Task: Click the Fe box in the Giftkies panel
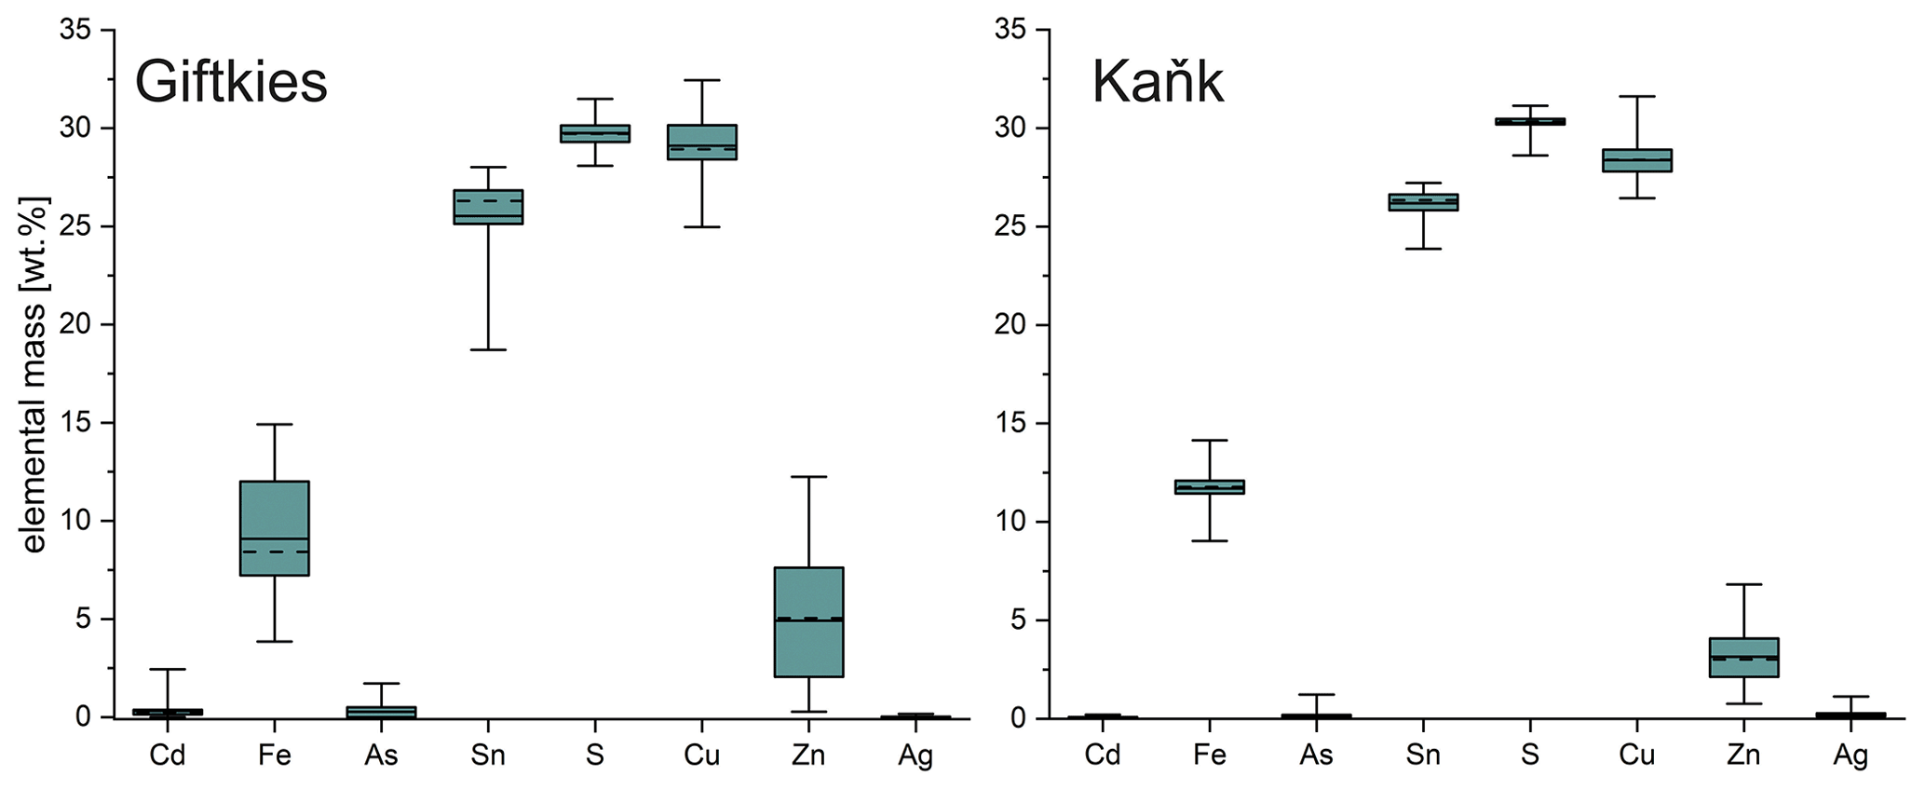coord(275,528)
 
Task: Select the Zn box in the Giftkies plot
coord(808,621)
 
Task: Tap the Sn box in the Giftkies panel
coord(488,207)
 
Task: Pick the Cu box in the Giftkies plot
coord(701,142)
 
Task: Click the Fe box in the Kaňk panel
coord(1209,486)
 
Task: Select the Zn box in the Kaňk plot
coord(1743,658)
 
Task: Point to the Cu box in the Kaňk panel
coord(1636,160)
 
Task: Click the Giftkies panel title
coord(231,82)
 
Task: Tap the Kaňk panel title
coord(1157,82)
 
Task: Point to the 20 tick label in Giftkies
coord(76,325)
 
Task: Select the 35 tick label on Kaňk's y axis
coord(1010,30)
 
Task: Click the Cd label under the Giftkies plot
coord(168,756)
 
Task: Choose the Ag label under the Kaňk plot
coord(1850,756)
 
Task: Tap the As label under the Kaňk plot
coord(1316,756)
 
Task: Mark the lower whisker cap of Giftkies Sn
coord(488,349)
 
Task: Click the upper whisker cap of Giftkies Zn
coord(808,477)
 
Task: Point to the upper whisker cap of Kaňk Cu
coord(1636,96)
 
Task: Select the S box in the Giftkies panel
coord(594,133)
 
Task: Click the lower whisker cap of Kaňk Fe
coord(1209,540)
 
